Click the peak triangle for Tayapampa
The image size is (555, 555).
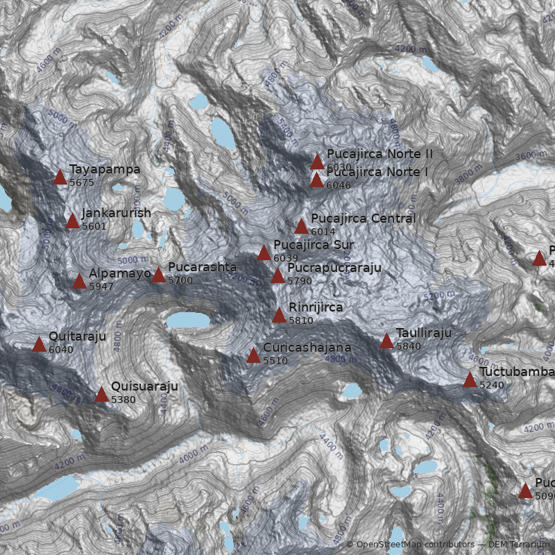60,178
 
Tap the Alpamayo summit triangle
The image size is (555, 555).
79,281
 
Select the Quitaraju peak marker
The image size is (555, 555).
39,344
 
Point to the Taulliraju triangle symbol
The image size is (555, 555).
386,341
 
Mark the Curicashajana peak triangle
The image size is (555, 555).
253,356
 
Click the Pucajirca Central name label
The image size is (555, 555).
363,219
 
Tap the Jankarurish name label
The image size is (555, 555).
116,213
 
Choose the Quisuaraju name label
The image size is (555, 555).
144,386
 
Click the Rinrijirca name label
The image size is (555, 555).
316,307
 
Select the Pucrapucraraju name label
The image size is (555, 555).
334,268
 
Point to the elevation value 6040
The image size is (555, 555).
61,350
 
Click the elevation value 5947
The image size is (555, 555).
101,287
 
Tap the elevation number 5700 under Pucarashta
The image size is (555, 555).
180,280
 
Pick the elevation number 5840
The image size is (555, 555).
409,346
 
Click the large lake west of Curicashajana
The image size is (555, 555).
189,320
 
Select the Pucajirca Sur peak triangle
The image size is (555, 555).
264,253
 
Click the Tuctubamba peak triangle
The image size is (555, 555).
470,379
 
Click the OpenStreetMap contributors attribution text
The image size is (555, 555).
409,545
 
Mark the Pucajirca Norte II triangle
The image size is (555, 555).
317,162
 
